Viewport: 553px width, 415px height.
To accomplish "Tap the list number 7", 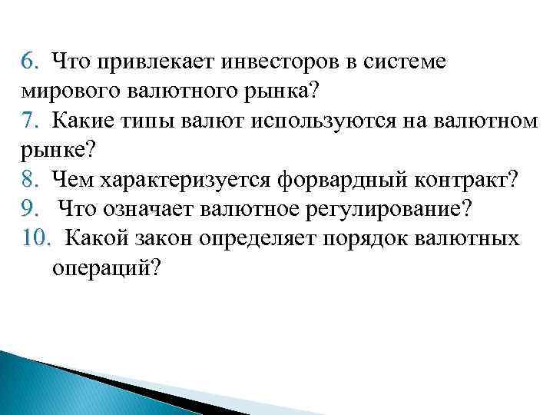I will point(28,120).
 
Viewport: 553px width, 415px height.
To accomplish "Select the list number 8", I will point(28,180).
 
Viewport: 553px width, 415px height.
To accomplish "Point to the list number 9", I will point(28,209).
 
